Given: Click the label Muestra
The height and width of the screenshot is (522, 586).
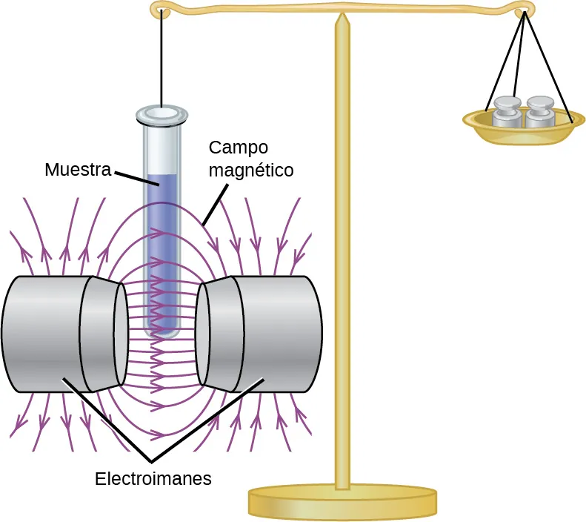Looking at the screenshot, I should (x=77, y=170).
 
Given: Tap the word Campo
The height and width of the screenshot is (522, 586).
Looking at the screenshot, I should (x=238, y=146).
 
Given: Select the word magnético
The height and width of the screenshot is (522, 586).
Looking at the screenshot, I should (x=251, y=170).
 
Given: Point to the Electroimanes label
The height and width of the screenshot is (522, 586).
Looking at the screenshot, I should (x=153, y=478).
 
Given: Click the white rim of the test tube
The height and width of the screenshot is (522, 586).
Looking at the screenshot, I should (x=161, y=114).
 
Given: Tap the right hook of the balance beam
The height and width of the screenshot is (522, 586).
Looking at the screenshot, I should (x=525, y=10).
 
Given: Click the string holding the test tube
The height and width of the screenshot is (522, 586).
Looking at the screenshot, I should (x=161, y=59).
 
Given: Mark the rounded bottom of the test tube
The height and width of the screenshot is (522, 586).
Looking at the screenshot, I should (x=162, y=333).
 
